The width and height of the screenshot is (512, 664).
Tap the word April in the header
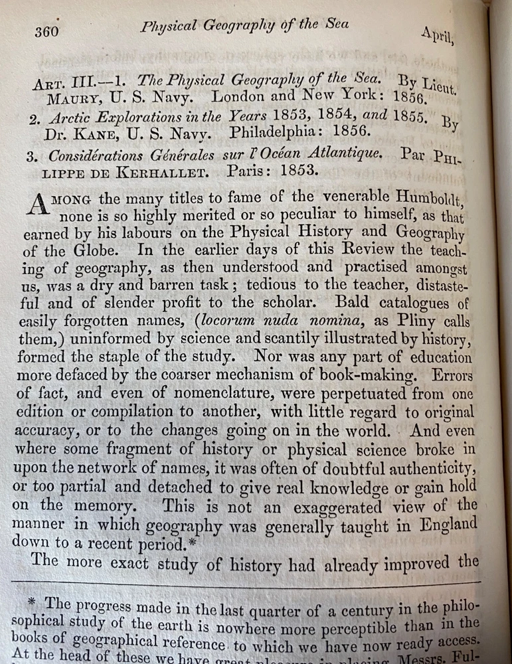437,34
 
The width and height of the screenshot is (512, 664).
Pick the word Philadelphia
270,132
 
